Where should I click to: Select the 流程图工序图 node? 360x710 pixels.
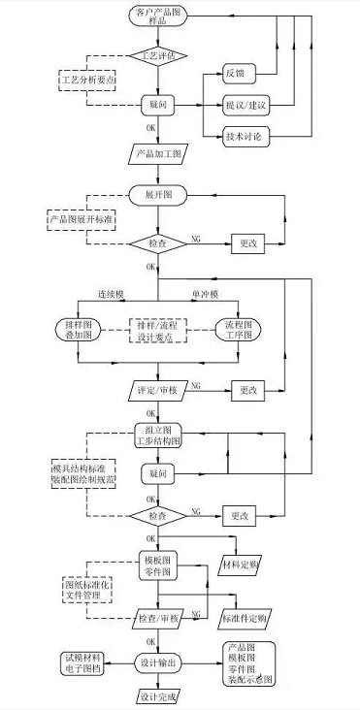pos(233,330)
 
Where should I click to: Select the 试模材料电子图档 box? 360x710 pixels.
pos(77,662)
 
